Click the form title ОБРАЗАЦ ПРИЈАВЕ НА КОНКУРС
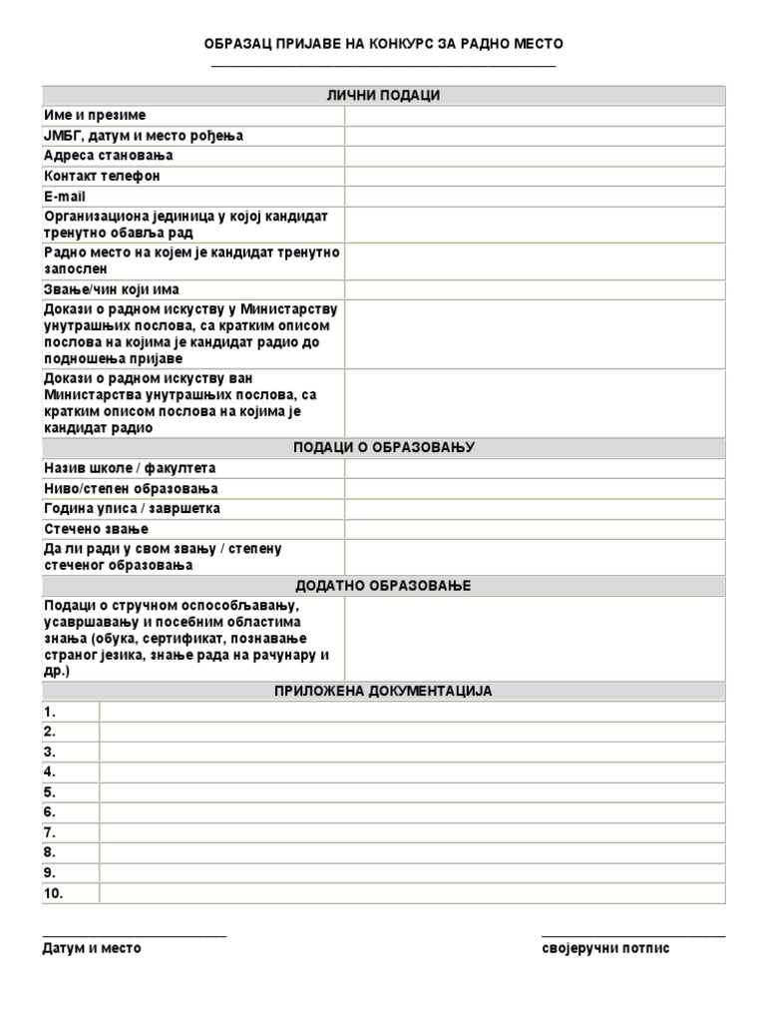[383, 44]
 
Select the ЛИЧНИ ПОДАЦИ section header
[383, 96]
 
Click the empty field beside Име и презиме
[535, 116]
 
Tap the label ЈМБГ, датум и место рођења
[144, 136]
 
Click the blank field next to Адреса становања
[535, 156]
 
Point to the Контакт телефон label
[102, 176]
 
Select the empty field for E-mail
[535, 197]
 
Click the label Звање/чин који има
[112, 289]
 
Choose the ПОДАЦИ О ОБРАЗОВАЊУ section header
[383, 447]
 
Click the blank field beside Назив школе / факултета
[535, 468]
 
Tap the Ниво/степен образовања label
[131, 489]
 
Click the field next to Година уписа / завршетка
[535, 509]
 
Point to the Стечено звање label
[96, 529]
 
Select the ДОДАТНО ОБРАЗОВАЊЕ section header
[383, 585]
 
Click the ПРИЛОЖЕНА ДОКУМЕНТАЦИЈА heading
[383, 691]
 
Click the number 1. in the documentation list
[50, 712]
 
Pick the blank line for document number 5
[411, 792]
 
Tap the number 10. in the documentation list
[53, 893]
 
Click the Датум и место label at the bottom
[92, 948]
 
